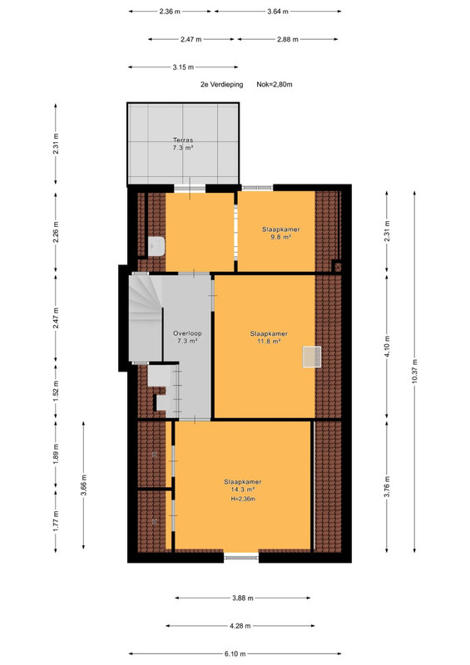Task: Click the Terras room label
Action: click(183, 140)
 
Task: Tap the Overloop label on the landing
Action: click(187, 333)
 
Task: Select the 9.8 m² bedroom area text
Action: click(280, 237)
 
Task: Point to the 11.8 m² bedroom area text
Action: click(269, 341)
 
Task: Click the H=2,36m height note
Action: click(243, 499)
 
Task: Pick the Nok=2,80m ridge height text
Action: click(275, 85)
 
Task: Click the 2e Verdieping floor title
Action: click(221, 85)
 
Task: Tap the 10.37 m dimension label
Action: click(414, 371)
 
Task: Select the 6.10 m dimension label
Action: click(235, 653)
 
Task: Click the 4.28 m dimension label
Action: click(240, 626)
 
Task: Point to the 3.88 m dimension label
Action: click(243, 598)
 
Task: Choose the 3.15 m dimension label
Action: click(183, 67)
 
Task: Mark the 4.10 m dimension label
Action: click(387, 347)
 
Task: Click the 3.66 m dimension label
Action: click(84, 485)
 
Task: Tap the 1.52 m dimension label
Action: click(56, 392)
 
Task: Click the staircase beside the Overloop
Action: click(146, 318)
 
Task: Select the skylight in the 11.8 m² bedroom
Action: click(312, 357)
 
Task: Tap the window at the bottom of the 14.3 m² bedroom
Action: click(241, 556)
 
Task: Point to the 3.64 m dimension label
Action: click(278, 12)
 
